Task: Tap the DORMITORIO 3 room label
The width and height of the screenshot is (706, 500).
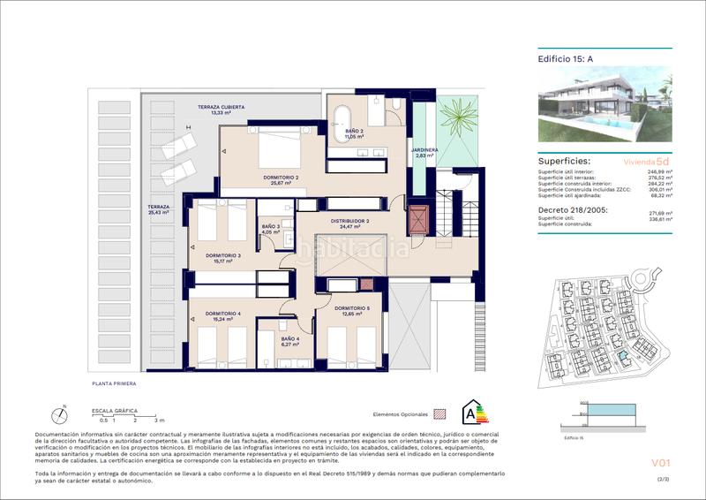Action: coord(223,258)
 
